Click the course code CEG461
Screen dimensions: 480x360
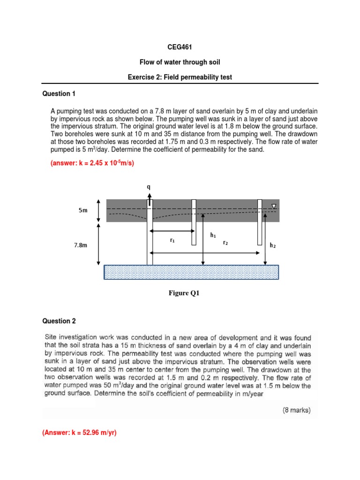pyautogui.click(x=180, y=47)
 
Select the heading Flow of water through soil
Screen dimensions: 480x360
pyautogui.click(x=180, y=62)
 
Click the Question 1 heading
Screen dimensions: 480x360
pyautogui.click(x=59, y=94)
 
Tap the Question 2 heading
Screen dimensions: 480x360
pyautogui.click(x=59, y=321)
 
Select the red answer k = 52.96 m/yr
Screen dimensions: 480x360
pyautogui.click(x=79, y=433)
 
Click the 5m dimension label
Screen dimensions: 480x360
pyautogui.click(x=82, y=211)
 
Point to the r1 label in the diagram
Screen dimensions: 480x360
pyautogui.click(x=172, y=240)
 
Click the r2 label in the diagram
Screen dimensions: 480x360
pyautogui.click(x=225, y=243)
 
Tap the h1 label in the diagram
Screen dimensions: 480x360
pyautogui.click(x=213, y=235)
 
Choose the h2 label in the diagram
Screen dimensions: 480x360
pyautogui.click(x=272, y=245)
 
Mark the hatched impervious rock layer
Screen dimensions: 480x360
pyautogui.click(x=191, y=272)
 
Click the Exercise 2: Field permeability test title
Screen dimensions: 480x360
pyautogui.click(x=180, y=77)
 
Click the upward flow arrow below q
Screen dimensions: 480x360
pyautogui.click(x=150, y=201)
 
